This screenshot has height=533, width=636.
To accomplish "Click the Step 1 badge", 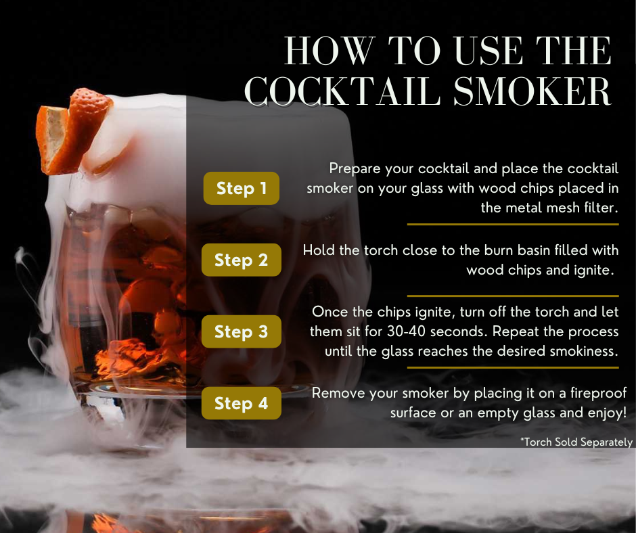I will point(242,188).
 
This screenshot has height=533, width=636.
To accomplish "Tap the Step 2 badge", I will point(242,260).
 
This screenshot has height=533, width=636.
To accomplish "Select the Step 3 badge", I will point(242,331).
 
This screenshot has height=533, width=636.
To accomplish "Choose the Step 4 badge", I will point(242,403).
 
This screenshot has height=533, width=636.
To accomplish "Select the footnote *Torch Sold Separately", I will point(576,442).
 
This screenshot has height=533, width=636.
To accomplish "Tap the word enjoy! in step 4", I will point(603,412).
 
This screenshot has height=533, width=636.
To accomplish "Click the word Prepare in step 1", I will point(355,168).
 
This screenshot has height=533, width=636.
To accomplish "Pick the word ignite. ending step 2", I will point(589,270).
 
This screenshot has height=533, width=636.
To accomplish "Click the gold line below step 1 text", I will point(513,224).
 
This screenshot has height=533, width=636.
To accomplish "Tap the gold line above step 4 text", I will point(513,367).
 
